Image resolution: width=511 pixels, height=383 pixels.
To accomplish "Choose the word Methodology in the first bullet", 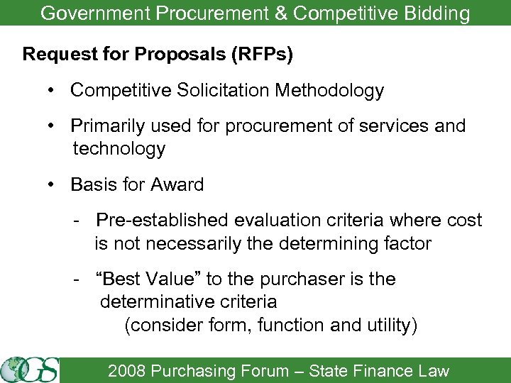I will point(329,91).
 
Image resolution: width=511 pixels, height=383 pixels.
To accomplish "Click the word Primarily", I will point(107,126).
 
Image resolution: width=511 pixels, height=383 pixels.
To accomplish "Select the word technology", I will point(119,149).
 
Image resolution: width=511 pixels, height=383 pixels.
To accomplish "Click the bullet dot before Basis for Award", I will point(53,185).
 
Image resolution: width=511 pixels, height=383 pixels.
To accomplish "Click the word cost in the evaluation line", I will point(464,221).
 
